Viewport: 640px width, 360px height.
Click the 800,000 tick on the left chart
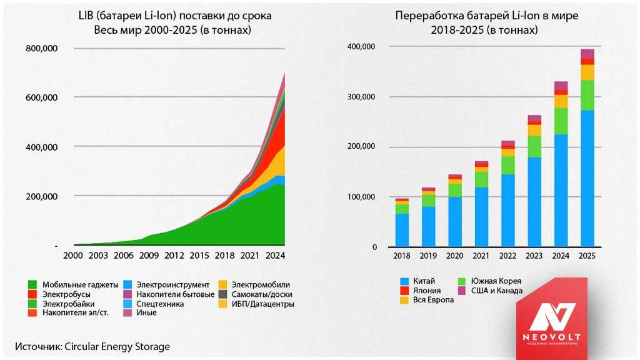(42, 49)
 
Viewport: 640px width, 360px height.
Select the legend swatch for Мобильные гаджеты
(33, 285)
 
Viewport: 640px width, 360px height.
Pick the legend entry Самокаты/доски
(261, 294)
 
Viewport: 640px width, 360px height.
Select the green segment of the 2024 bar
(561, 121)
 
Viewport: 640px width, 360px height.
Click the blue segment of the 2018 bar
(402, 230)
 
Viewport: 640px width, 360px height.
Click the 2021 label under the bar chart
(481, 256)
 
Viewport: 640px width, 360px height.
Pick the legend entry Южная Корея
(496, 281)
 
